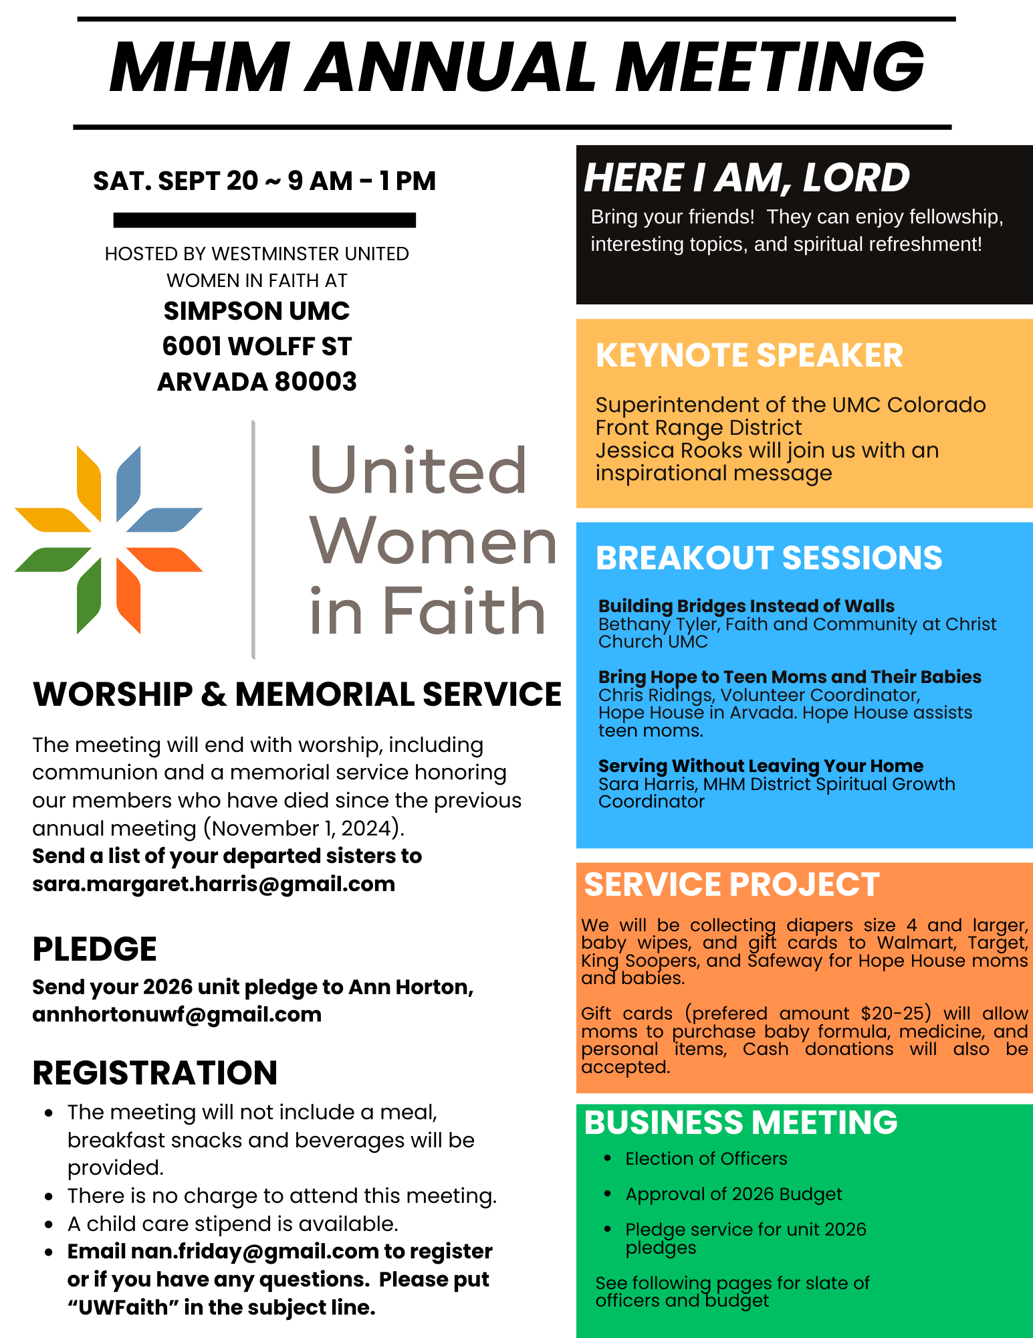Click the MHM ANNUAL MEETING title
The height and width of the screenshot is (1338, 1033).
516,67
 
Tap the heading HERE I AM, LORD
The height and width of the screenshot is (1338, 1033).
746,178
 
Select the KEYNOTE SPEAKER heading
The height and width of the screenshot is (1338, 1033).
749,355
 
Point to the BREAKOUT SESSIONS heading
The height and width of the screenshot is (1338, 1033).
768,558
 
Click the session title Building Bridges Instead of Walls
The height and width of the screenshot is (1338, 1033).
746,606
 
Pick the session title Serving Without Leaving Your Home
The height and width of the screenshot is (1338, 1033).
760,766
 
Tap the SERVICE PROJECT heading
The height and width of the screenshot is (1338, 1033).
731,884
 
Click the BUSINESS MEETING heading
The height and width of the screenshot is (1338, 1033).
740,1123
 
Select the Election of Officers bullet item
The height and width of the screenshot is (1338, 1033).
706,1159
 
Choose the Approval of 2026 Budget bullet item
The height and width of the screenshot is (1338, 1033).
733,1194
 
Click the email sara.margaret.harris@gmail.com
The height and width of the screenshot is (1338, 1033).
213,884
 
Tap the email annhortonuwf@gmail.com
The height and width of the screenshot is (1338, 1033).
177,1014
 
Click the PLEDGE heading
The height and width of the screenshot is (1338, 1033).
94,949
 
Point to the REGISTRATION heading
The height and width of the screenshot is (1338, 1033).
154,1073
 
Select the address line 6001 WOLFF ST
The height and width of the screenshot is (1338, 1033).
257,347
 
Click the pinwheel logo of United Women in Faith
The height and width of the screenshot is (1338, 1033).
109,539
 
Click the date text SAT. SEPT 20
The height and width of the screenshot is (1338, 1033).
175,181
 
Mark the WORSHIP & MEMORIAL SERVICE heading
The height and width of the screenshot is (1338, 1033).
297,694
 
